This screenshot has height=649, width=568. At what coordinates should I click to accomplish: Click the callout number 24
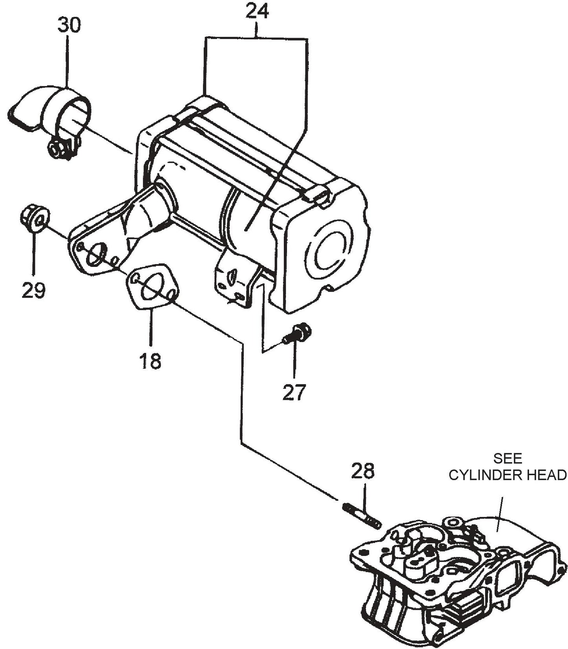(x=257, y=12)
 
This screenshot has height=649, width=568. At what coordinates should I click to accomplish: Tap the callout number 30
(x=69, y=25)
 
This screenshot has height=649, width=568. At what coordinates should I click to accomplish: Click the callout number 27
(x=294, y=392)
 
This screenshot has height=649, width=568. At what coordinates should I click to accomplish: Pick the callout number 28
(x=363, y=472)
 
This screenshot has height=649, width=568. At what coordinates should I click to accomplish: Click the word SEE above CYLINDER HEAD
(x=508, y=458)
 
